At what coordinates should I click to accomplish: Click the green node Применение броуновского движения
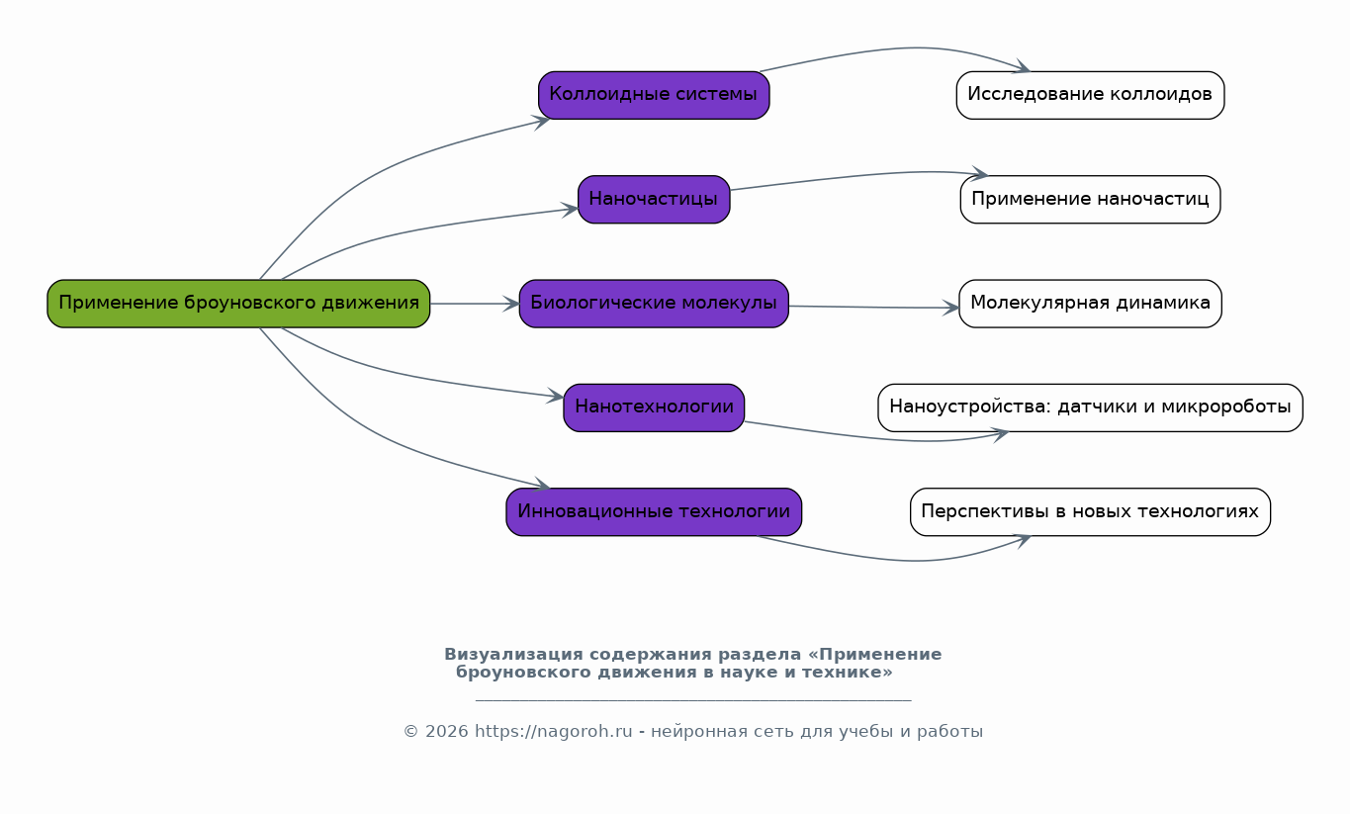pyautogui.click(x=238, y=304)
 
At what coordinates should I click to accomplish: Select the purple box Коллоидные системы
pyautogui.click(x=654, y=95)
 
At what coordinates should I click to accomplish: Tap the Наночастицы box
pyautogui.click(x=654, y=199)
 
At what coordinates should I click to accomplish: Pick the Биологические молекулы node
pyautogui.click(x=654, y=304)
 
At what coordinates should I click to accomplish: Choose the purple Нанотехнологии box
pyautogui.click(x=654, y=407)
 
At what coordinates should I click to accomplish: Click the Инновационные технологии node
pyautogui.click(x=654, y=512)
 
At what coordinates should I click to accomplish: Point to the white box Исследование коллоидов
pyautogui.click(x=1090, y=95)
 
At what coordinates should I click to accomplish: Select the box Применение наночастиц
pyautogui.click(x=1090, y=199)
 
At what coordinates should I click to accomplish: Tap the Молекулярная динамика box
pyautogui.click(x=1090, y=304)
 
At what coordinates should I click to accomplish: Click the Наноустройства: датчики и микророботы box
pyautogui.click(x=1090, y=407)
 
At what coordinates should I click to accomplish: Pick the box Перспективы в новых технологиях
pyautogui.click(x=1090, y=512)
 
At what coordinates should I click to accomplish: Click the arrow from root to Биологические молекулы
pyautogui.click(x=475, y=304)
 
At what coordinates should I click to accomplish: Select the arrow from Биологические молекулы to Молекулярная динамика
pyautogui.click(x=874, y=308)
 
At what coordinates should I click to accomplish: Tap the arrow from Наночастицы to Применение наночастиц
pyautogui.click(x=851, y=176)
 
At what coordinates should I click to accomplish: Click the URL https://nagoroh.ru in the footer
pyautogui.click(x=553, y=732)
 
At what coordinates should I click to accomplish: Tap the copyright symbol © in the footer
pyautogui.click(x=410, y=732)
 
